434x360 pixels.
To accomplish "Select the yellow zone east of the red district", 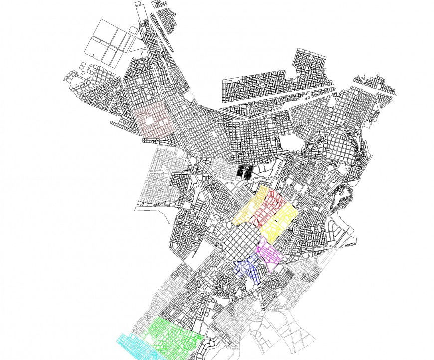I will coord(281,219).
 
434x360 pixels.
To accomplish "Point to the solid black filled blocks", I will coord(244,171).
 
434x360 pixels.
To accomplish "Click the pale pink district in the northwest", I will coord(153,120).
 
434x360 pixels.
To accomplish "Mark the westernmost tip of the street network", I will coord(65,77).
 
